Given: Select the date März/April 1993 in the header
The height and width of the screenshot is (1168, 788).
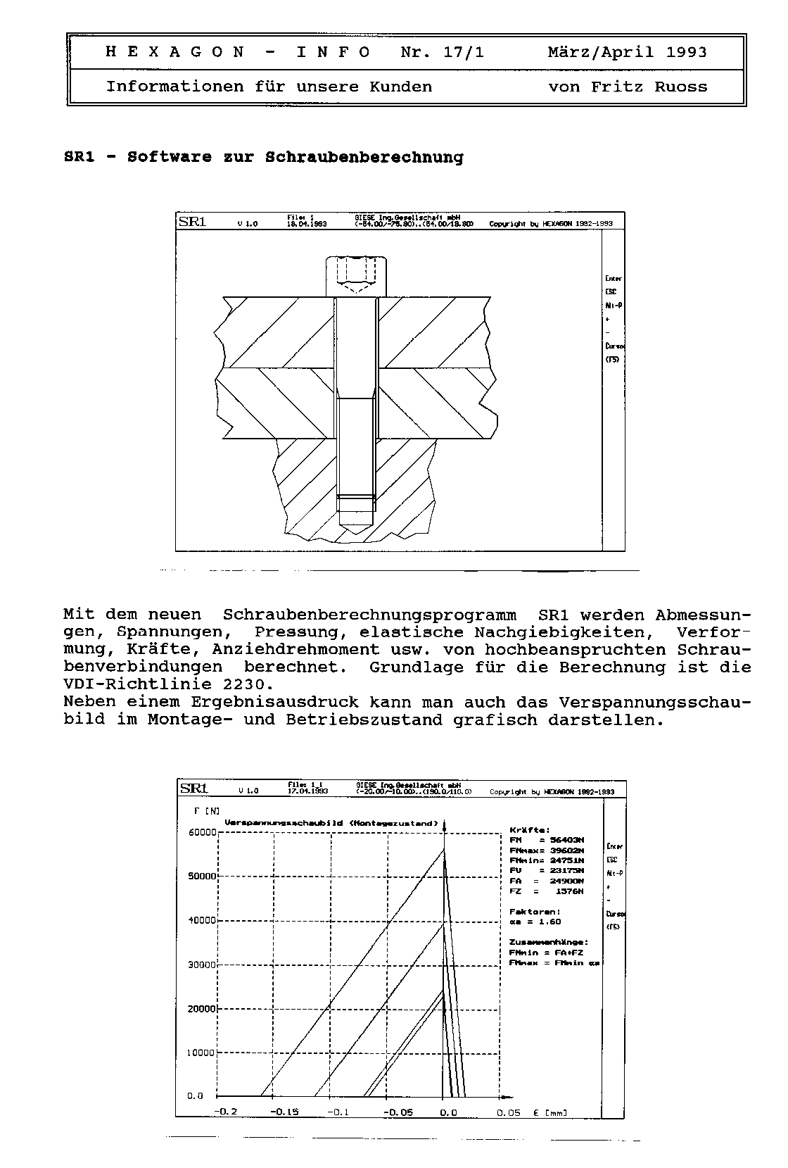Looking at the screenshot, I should [627, 52].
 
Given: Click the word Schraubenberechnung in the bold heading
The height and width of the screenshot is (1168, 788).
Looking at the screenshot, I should [364, 157].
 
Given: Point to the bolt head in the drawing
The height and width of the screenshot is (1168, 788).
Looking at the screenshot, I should [356, 276].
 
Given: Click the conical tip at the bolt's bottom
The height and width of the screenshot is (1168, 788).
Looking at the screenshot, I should [356, 532].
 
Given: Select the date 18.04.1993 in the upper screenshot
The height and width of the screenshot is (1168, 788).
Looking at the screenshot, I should [307, 225].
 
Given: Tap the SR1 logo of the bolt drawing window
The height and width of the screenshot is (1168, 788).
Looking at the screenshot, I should [192, 222].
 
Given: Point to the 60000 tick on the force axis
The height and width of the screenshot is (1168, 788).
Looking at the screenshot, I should [202, 832].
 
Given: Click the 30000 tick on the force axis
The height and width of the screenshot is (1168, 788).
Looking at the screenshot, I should [202, 965].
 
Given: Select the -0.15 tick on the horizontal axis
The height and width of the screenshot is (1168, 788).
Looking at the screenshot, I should [284, 1112].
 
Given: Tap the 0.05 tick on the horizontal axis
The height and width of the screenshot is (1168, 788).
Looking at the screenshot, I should [508, 1112].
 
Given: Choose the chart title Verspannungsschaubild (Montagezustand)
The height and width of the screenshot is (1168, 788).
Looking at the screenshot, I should [331, 822].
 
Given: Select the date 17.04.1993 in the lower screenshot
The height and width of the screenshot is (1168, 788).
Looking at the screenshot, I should [307, 791].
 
